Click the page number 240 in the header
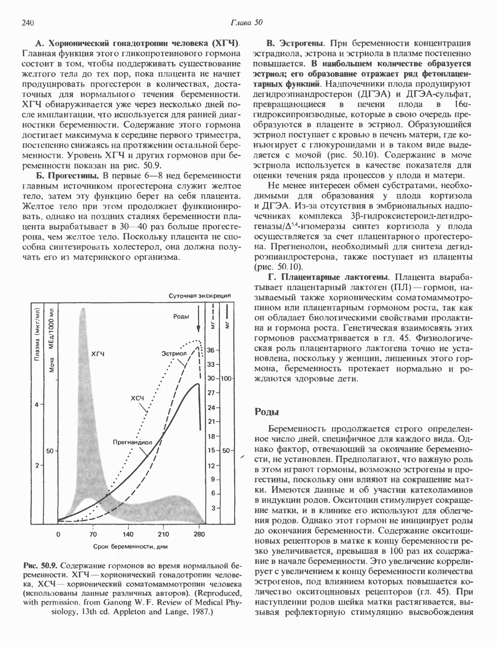pyautogui.click(x=27, y=23)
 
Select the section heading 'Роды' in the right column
pyautogui.click(x=266, y=412)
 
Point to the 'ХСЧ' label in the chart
pyautogui.click(x=137, y=399)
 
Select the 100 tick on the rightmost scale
pyautogui.click(x=227, y=379)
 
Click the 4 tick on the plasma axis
pyautogui.click(x=36, y=405)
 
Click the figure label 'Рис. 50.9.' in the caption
pyautogui.click(x=41, y=566)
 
